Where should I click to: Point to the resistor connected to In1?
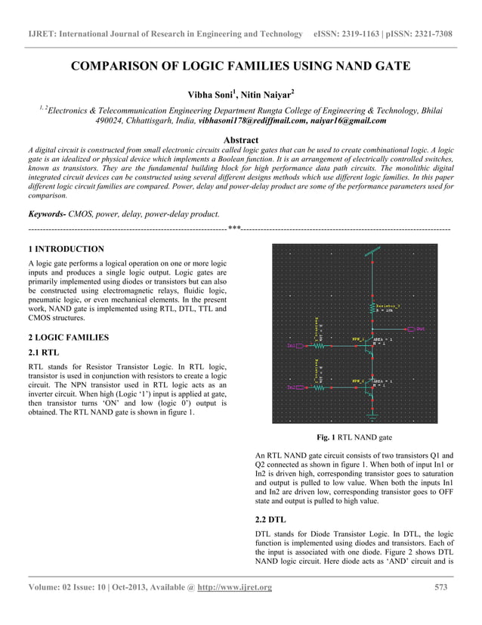(x=319, y=345)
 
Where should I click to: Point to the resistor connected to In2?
(x=319, y=387)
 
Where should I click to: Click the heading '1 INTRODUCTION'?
(x=66, y=249)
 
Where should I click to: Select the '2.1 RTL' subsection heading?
(x=43, y=353)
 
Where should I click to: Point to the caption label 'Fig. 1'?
(x=326, y=437)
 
